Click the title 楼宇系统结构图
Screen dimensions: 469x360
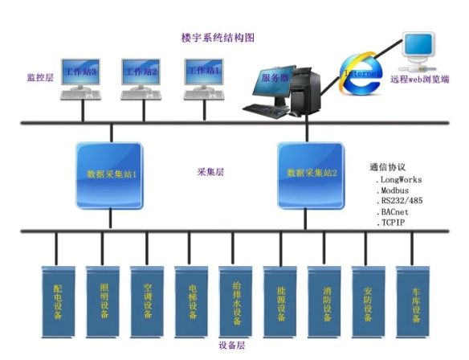218,38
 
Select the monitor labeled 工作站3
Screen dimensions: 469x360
80,72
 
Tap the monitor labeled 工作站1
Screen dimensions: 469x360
204,72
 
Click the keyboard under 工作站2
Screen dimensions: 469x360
141,95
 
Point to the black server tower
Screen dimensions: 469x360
305,91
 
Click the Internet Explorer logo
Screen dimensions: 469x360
361,74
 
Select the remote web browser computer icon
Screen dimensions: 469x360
418,51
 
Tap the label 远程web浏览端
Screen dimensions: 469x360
420,80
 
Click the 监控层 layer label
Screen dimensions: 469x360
40,78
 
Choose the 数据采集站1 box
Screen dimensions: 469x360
109,176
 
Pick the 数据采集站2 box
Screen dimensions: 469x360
311,176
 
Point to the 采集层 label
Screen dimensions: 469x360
210,172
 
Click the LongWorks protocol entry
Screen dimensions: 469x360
398,180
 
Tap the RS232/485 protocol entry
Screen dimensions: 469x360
400,201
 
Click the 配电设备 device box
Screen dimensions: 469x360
58,302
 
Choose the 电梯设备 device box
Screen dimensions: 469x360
191,302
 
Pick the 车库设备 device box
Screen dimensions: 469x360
413,302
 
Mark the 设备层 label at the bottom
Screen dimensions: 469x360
232,346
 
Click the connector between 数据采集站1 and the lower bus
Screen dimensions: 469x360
110,219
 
